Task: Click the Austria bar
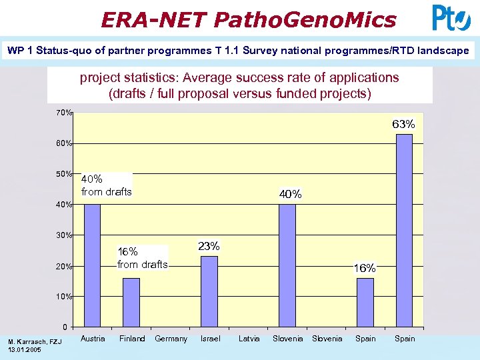[92, 265]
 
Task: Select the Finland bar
[131, 302]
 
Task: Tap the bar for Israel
[209, 291]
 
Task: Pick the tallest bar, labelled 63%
[404, 230]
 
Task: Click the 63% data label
[403, 124]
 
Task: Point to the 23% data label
[209, 246]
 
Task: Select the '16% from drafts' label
[142, 258]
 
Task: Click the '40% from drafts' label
[106, 185]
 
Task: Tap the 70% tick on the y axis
[64, 113]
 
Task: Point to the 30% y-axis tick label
[64, 235]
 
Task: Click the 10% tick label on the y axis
[64, 296]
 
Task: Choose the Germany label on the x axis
[171, 339]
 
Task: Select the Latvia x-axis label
[249, 339]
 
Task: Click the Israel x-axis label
[210, 339]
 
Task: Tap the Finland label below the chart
[132, 339]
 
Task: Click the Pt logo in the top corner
[451, 18]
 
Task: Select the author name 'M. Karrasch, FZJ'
[34, 342]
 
